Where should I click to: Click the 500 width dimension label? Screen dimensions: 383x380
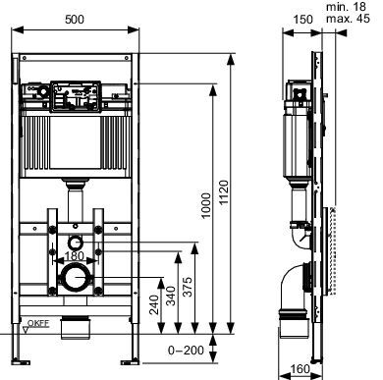point(75,20)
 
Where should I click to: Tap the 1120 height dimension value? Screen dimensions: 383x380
point(224,192)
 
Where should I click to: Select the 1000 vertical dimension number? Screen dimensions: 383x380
point(206,205)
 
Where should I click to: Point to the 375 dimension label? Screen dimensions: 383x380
point(188,287)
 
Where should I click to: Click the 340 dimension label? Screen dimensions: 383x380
point(171,296)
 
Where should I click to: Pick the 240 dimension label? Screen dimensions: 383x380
point(154,304)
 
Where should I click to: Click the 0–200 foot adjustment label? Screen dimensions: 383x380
point(186,351)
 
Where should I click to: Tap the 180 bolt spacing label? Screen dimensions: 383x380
point(75,256)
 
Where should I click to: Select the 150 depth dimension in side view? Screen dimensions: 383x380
point(302,20)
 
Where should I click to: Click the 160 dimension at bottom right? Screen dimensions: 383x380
point(300,369)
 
